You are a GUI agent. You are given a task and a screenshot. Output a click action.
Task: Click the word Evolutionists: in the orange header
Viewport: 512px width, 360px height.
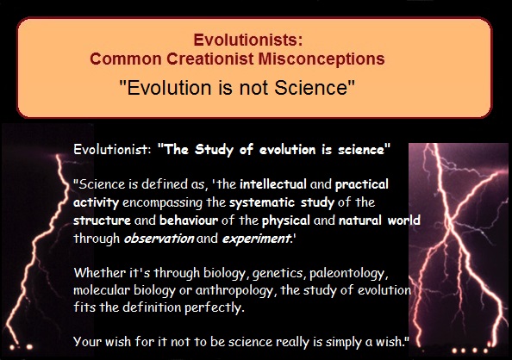tap(248, 40)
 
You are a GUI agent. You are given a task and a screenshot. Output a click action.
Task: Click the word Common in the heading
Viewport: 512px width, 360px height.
tap(126, 59)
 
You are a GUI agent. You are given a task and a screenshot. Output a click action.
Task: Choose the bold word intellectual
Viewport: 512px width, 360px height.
tap(273, 184)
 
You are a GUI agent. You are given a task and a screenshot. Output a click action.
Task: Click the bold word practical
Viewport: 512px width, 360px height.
tap(362, 185)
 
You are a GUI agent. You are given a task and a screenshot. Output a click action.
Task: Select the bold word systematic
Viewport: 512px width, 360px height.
tap(262, 203)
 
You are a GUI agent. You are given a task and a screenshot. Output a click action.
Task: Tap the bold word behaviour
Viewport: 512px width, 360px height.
tap(189, 220)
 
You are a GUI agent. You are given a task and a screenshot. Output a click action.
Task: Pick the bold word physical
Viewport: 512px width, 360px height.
tap(285, 221)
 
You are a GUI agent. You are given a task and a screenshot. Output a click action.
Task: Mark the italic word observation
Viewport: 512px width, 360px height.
tap(159, 239)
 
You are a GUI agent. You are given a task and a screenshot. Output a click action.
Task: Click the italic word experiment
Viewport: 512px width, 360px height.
tap(256, 239)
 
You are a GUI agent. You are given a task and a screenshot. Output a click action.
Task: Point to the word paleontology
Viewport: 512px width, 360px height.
tap(348, 274)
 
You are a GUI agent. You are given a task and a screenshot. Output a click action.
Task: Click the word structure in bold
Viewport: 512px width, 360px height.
tap(102, 220)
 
